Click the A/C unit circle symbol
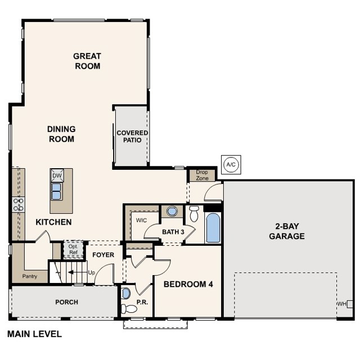click(x=231, y=165)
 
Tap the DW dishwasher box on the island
click(x=57, y=175)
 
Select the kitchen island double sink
click(x=56, y=191)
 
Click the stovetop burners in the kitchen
click(x=19, y=204)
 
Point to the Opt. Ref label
click(x=73, y=250)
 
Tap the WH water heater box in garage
click(x=350, y=304)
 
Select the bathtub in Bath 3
click(x=213, y=228)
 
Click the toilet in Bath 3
click(x=194, y=214)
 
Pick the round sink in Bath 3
click(x=172, y=211)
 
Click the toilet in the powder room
click(x=129, y=309)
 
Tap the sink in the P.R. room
click(x=126, y=293)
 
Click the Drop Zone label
click(x=202, y=175)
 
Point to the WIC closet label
click(x=141, y=220)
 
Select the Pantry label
click(x=30, y=276)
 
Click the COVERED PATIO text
click(x=132, y=136)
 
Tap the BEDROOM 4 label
click(x=188, y=284)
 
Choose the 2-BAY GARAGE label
click(x=287, y=231)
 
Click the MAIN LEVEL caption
click(x=35, y=334)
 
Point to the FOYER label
click(x=103, y=255)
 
